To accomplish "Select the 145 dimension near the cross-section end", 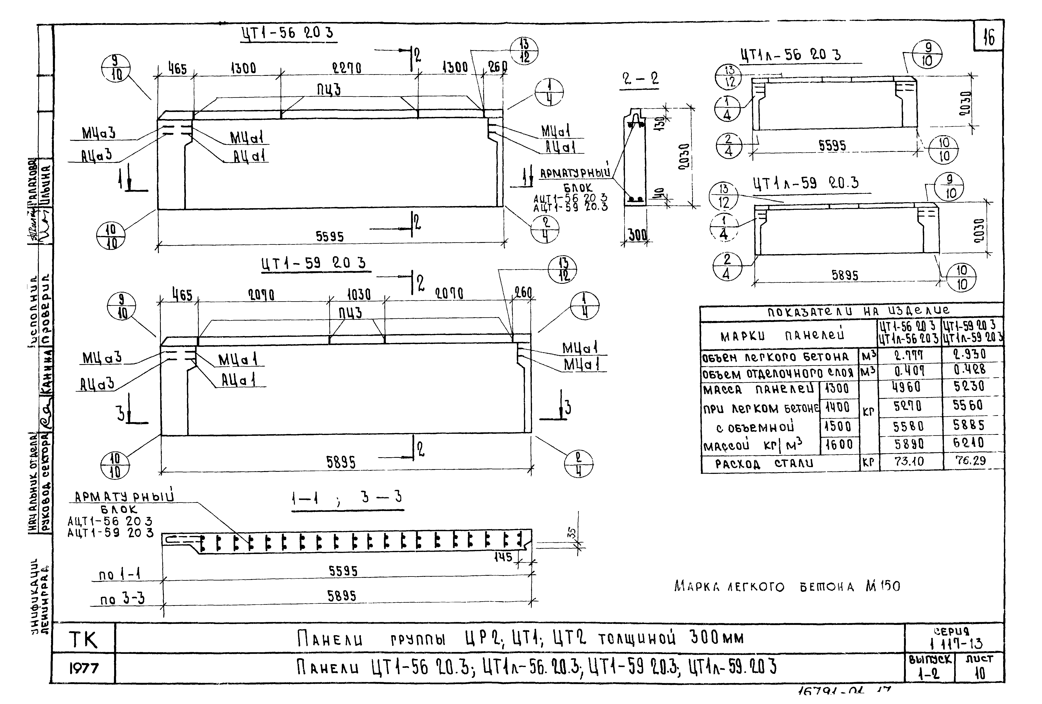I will point(503,557).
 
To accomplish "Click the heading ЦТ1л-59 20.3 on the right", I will point(806,183).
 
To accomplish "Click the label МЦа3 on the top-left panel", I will point(99,133).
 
